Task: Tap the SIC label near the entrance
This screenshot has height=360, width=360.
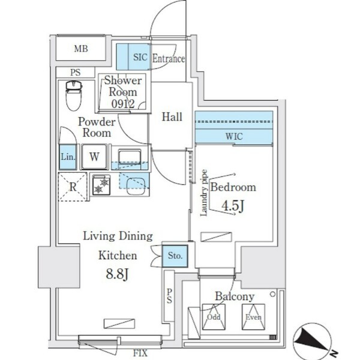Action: (139, 58)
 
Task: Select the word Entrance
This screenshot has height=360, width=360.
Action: (168, 59)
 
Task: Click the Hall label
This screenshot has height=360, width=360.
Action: (173, 117)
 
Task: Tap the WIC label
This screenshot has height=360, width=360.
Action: (234, 136)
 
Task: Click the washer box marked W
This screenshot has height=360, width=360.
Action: (94, 157)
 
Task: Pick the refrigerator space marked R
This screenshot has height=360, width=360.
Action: (72, 186)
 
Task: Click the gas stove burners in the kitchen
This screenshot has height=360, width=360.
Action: (101, 185)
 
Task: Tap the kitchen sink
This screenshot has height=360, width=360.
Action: (130, 158)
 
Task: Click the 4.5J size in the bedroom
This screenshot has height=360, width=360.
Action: (233, 206)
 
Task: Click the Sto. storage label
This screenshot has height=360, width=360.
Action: (175, 256)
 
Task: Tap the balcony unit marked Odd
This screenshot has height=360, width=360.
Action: (213, 317)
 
